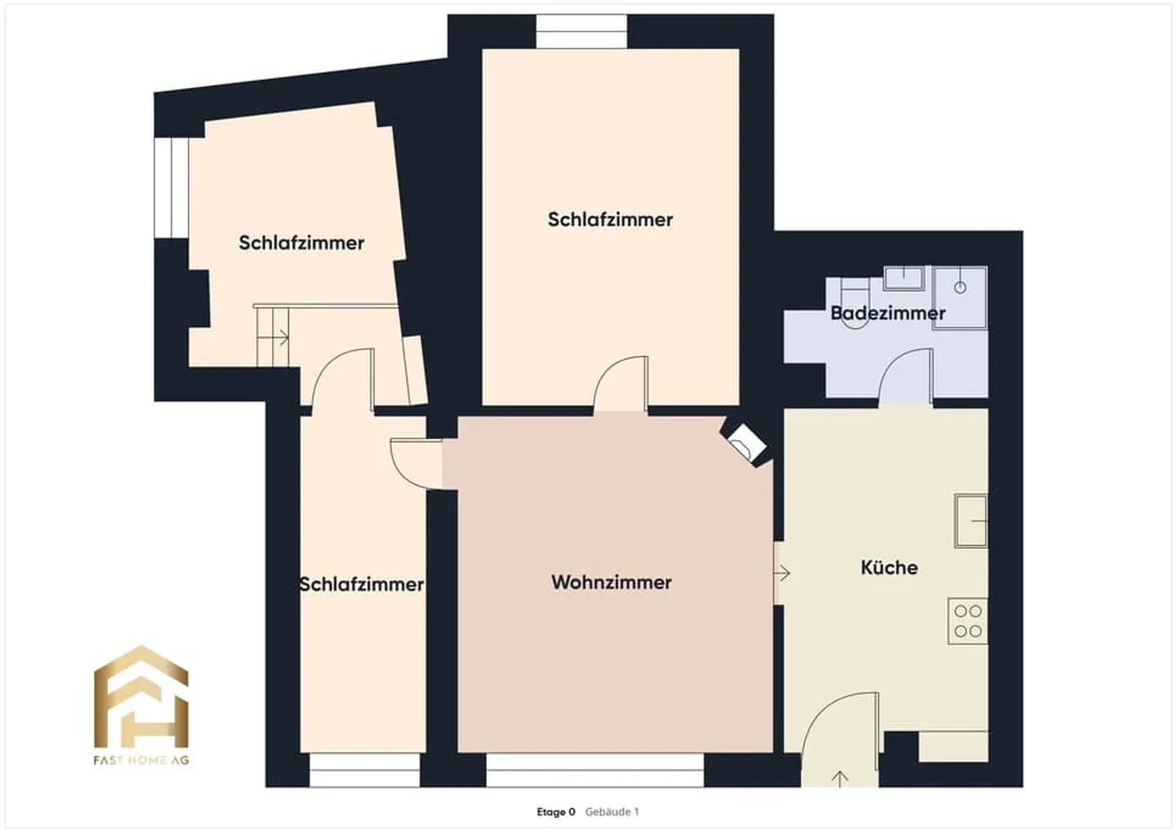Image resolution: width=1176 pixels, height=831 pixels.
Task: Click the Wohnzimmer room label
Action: [x=611, y=582]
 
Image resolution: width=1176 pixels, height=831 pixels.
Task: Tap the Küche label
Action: [x=889, y=567]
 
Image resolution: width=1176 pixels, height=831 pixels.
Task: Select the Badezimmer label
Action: [x=888, y=313]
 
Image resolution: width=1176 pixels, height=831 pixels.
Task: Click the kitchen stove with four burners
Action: [x=968, y=621]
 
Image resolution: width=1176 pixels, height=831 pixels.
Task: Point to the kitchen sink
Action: [x=971, y=520]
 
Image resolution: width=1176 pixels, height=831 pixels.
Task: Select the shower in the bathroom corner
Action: [x=960, y=297]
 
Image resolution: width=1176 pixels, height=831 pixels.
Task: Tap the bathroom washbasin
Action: [x=903, y=278]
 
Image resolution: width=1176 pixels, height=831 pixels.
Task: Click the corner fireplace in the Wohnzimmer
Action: [x=745, y=444]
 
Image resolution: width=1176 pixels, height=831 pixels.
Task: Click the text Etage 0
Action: [x=555, y=812]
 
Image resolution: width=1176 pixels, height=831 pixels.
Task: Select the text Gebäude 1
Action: [x=612, y=812]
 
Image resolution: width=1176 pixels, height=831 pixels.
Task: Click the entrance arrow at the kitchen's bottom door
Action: [x=839, y=778]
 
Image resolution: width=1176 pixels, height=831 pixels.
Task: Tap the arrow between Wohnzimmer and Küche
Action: [x=782, y=573]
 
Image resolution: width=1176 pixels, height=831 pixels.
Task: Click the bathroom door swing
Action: [x=906, y=376]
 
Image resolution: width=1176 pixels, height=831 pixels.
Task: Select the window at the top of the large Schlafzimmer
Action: [x=581, y=32]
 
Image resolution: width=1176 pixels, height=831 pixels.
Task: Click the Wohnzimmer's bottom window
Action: [x=595, y=770]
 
